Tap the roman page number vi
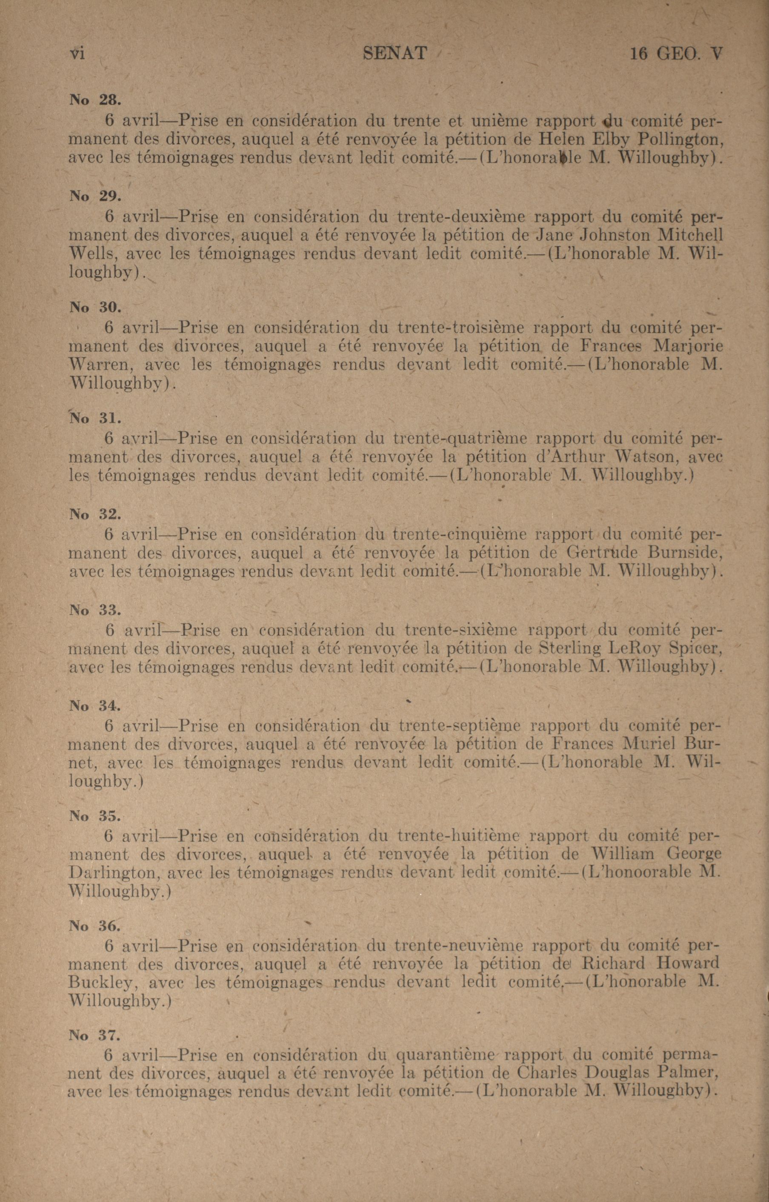click(77, 54)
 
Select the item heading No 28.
click(94, 100)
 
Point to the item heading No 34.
click(94, 706)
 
